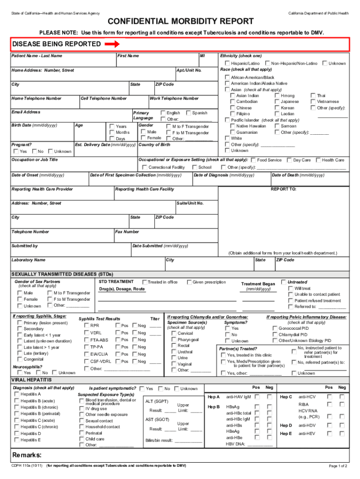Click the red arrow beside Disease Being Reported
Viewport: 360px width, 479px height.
coord(112,44)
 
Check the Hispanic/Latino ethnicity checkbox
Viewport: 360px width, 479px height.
coord(227,63)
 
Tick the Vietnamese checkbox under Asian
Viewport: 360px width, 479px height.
coord(313,102)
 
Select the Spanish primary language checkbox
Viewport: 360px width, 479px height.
coord(188,113)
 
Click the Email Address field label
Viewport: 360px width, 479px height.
coord(26,112)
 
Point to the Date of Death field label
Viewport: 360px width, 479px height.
coord(298,175)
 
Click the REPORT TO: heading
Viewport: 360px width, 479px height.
coord(284,189)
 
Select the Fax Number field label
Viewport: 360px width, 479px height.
coord(127,232)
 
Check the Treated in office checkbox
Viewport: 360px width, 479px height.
coord(145,282)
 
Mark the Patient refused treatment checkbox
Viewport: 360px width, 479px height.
coord(290,301)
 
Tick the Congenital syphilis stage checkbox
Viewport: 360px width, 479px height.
coord(19,360)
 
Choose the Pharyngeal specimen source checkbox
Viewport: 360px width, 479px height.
coord(173,340)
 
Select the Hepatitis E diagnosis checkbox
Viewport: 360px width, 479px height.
coord(16,440)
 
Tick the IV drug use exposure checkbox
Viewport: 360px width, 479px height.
coord(81,408)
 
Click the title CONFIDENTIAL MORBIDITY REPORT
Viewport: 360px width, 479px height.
coord(180,22)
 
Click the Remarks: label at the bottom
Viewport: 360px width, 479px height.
coord(27,455)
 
